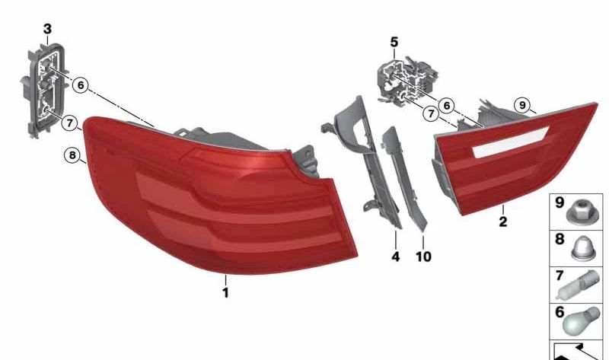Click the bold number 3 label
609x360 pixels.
47,29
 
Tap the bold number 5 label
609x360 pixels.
394,42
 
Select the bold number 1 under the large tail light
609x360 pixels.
225,292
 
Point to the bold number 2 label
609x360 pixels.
503,221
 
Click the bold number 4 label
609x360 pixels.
395,256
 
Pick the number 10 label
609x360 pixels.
423,256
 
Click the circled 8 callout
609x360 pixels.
72,155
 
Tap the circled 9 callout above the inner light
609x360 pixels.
522,105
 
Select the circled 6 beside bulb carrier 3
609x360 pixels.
81,84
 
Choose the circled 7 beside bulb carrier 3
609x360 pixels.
69,123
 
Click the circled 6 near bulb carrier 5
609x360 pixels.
447,105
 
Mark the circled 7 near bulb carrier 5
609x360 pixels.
431,114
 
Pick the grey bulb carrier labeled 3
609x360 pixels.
43,90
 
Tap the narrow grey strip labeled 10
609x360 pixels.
404,180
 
